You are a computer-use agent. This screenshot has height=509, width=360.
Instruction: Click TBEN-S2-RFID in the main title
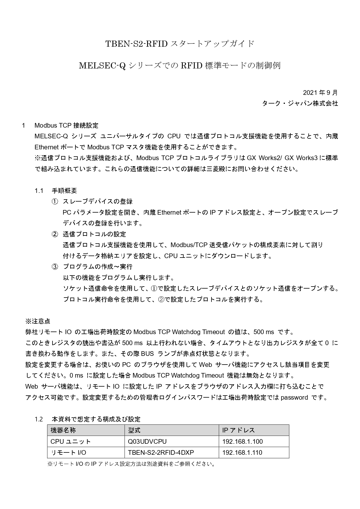[136, 44]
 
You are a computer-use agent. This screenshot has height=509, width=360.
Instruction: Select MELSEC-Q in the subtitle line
[102, 66]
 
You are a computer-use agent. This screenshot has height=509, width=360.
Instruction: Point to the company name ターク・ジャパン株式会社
[300, 103]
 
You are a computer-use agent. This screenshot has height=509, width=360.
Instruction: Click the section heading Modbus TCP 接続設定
[66, 125]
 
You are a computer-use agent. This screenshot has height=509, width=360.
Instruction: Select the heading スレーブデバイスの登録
[98, 202]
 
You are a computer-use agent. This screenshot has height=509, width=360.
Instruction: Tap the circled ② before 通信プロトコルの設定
[55, 234]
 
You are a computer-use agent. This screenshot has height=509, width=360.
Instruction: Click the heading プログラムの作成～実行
[98, 267]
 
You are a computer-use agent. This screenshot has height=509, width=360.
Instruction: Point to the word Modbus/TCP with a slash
[188, 245]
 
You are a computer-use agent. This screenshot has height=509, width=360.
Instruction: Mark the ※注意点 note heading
[38, 321]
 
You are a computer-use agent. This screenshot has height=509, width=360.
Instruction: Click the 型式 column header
[134, 430]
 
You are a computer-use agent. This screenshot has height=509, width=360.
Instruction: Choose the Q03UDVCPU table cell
[147, 441]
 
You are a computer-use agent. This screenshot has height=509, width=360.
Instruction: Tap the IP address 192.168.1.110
[242, 452]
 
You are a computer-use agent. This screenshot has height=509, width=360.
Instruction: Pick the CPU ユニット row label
[70, 441]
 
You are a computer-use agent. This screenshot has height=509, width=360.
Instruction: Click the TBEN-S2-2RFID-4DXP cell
[161, 452]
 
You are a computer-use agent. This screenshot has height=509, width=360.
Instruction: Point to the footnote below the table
[131, 464]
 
